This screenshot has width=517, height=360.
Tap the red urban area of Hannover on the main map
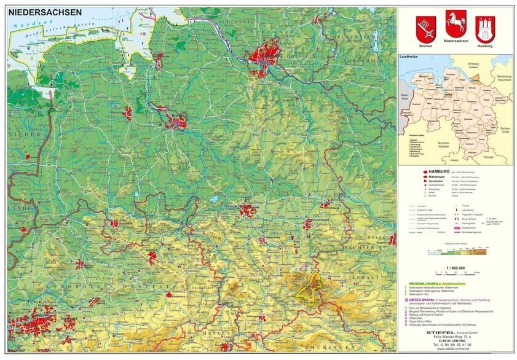tap(247, 211)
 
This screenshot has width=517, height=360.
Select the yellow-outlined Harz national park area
tap(310, 286)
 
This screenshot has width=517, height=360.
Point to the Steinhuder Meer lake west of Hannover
tap(213, 200)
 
